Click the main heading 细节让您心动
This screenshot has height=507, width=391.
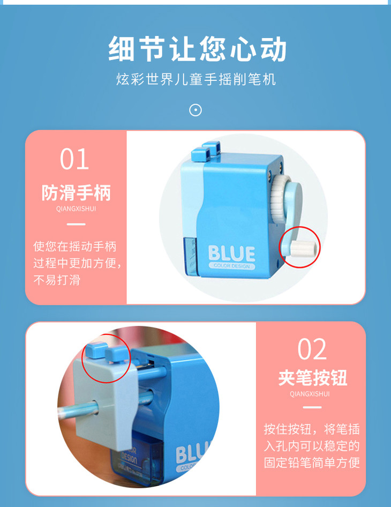click(x=197, y=49)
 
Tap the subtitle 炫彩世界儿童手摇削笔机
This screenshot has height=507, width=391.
click(x=196, y=79)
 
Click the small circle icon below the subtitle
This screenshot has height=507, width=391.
click(x=195, y=110)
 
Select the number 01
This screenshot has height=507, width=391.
click(x=74, y=159)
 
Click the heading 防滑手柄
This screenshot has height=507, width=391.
click(x=76, y=193)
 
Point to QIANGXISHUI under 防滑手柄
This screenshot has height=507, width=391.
click(x=76, y=209)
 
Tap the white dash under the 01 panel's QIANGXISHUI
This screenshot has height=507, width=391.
click(x=76, y=224)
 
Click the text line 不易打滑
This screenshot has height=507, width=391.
click(x=57, y=280)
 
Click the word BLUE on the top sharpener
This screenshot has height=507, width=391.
click(x=231, y=253)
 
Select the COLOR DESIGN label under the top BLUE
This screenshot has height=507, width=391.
click(x=231, y=266)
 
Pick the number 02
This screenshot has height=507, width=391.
click(x=312, y=349)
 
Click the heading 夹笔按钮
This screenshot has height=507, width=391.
click(x=312, y=378)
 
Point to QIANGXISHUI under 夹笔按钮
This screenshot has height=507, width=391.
click(x=310, y=394)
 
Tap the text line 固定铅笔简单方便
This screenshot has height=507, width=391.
click(x=312, y=463)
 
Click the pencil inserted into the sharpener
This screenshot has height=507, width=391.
click(x=78, y=411)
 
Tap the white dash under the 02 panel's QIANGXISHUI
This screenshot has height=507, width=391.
click(x=312, y=407)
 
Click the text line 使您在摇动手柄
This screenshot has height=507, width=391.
click(x=74, y=247)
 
